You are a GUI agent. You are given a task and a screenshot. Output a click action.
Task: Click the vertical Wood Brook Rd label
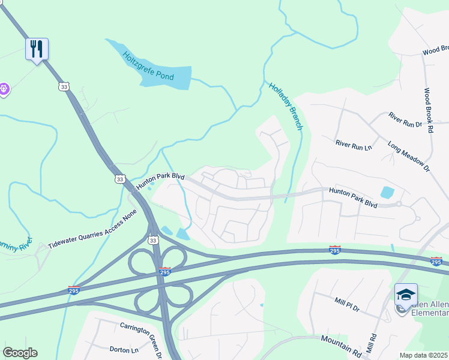click(428, 110)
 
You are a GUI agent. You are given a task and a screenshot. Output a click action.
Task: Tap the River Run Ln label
click(354, 144)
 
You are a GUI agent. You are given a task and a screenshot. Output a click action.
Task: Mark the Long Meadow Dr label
click(409, 157)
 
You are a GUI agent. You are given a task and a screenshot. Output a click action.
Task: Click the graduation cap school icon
click(406, 295)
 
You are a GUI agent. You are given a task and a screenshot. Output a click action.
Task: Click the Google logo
click(20, 353)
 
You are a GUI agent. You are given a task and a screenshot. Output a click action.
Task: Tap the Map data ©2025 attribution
click(423, 355)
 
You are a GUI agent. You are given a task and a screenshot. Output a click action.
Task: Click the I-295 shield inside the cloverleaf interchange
click(164, 272)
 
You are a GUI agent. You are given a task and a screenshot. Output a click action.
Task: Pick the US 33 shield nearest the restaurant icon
click(64, 87)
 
